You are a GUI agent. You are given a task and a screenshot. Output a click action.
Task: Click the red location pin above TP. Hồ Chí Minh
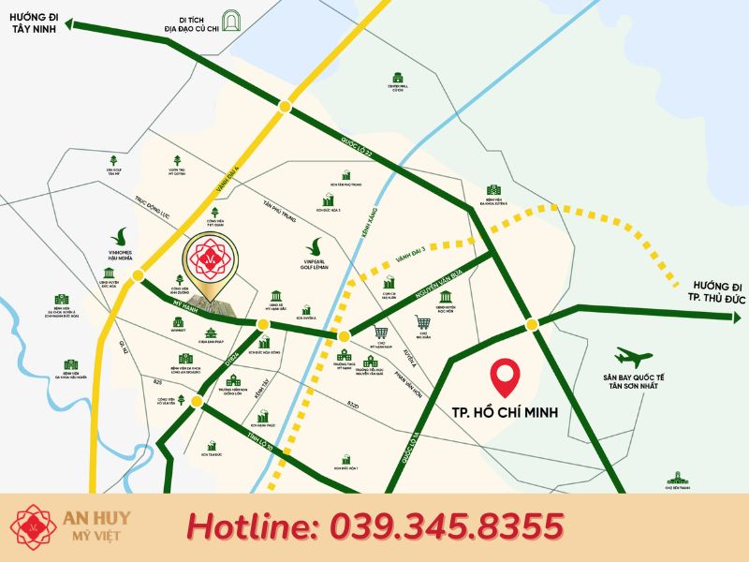point(507,376)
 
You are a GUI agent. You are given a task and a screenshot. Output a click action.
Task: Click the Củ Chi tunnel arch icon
point(230,18)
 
